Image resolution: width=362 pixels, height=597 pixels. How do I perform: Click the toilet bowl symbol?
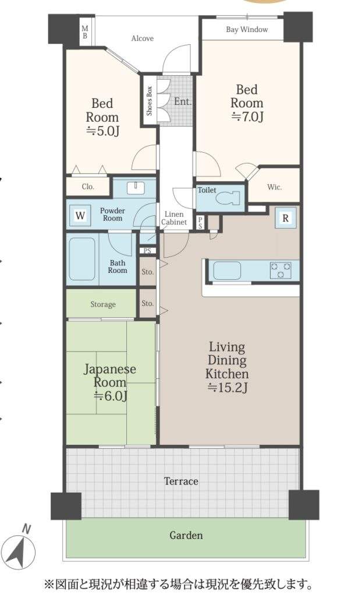228,198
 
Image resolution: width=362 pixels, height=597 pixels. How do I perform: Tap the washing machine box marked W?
80,216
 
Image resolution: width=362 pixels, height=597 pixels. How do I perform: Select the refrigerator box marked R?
285,218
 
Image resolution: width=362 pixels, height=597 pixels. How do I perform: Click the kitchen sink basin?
227,271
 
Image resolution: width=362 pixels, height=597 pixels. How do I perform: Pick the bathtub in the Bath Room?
81,259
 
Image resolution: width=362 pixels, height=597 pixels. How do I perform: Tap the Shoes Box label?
150,101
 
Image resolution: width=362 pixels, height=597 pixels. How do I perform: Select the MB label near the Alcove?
85,32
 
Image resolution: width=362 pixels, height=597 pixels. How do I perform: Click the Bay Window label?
247,29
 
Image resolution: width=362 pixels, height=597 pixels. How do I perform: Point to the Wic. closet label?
275,187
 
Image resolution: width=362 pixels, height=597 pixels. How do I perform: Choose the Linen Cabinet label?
174,218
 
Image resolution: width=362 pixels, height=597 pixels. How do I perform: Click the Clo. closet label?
88,187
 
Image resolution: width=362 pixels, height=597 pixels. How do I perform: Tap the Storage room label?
103,304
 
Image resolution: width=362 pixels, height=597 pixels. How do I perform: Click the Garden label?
186,535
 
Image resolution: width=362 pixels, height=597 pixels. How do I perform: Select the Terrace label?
181,481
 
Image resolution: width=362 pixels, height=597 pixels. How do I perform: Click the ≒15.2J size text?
228,388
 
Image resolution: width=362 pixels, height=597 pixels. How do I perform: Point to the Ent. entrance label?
183,101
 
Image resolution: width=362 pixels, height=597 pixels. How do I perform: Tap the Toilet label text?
207,189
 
